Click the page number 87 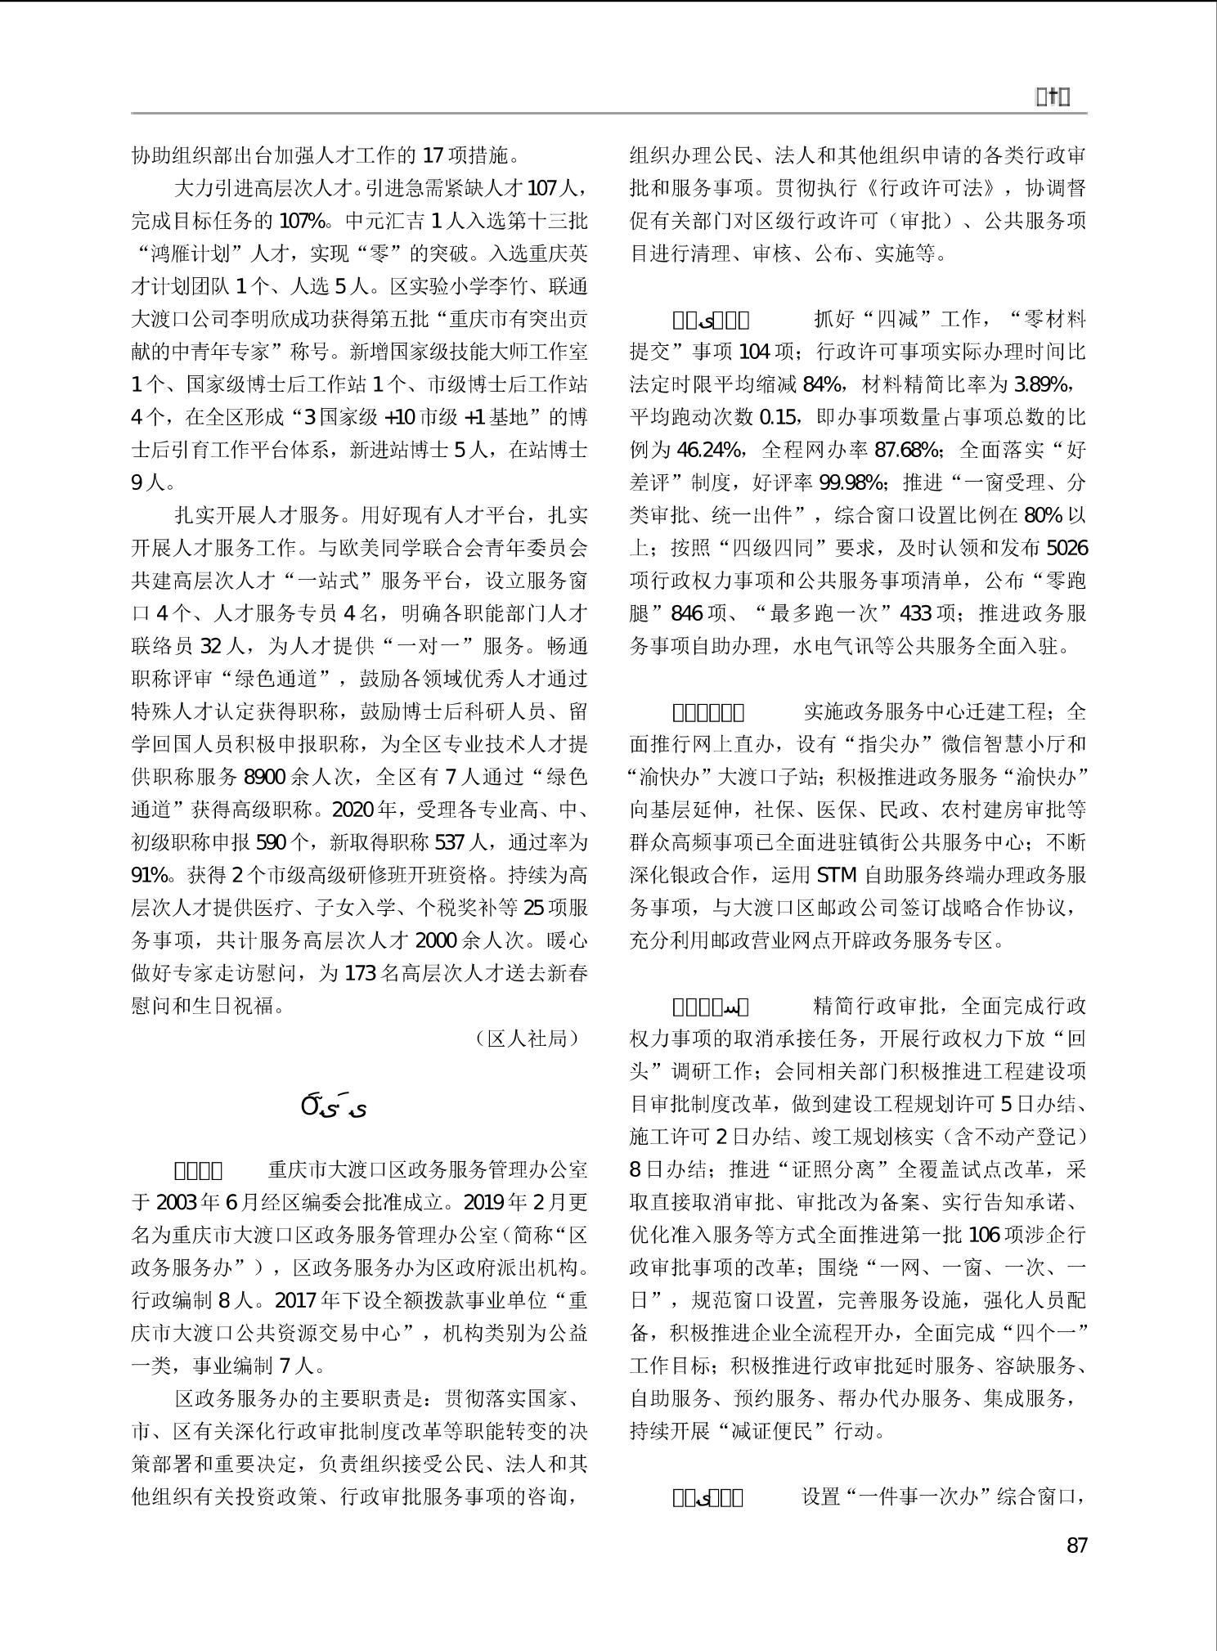pos(1076,1545)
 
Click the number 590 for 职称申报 pos(272,842)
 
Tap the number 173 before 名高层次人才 pos(360,973)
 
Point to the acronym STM pos(837,875)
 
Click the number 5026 pos(1067,548)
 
